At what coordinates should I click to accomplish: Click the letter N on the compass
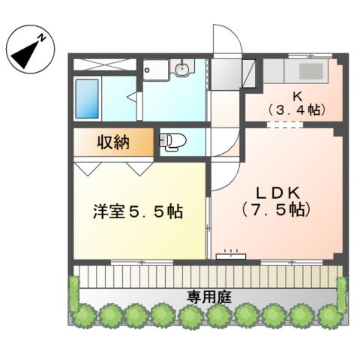[x=42, y=38]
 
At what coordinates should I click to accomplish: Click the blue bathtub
[x=87, y=99]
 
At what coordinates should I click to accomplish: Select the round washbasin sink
[x=183, y=68]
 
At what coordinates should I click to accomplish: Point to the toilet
[x=173, y=142]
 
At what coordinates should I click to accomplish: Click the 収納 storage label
[x=113, y=142]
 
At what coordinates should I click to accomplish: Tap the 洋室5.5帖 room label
[x=138, y=211]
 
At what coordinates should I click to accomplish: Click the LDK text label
[x=278, y=193]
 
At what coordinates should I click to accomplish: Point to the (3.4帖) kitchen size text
[x=297, y=110]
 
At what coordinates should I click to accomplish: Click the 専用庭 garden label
[x=209, y=297]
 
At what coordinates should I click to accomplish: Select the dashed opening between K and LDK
[x=285, y=125]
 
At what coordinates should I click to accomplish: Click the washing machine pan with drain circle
[x=156, y=70]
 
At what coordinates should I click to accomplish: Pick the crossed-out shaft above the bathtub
[x=105, y=65]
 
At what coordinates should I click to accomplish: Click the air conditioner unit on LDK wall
[x=231, y=256]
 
